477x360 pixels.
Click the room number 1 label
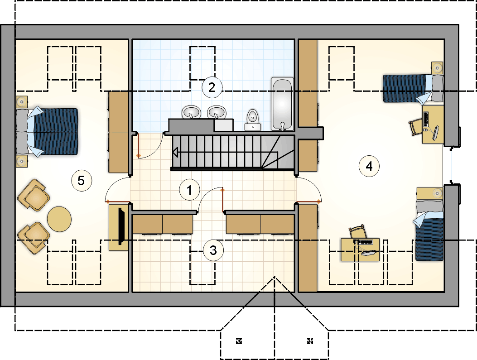[x=189, y=190]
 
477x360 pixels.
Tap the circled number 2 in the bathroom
[x=212, y=87]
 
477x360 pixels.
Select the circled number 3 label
[x=213, y=250]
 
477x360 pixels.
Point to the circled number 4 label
[x=369, y=166]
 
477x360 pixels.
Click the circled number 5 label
[x=81, y=181]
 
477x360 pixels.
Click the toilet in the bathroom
[x=252, y=120]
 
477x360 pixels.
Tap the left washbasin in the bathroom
[x=191, y=112]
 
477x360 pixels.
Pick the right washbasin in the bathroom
[x=217, y=112]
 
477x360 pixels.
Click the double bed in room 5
[x=47, y=132]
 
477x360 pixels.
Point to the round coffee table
[x=59, y=219]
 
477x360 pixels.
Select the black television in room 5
[x=121, y=226]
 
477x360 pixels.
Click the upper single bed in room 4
[x=413, y=88]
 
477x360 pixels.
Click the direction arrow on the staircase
[x=175, y=152]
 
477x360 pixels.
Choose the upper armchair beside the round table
[x=34, y=195]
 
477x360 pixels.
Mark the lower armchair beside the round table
[x=34, y=238]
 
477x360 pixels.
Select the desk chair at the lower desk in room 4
[x=357, y=232]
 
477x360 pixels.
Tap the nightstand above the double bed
[x=22, y=101]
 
